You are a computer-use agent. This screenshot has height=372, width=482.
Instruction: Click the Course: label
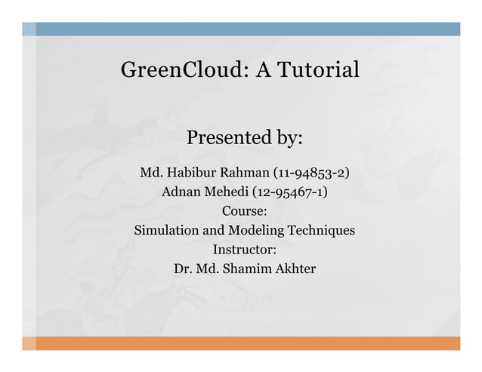[x=244, y=211]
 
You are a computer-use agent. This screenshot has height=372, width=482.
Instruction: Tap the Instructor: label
[x=244, y=250]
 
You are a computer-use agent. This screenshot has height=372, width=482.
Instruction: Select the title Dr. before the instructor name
[x=183, y=269]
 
